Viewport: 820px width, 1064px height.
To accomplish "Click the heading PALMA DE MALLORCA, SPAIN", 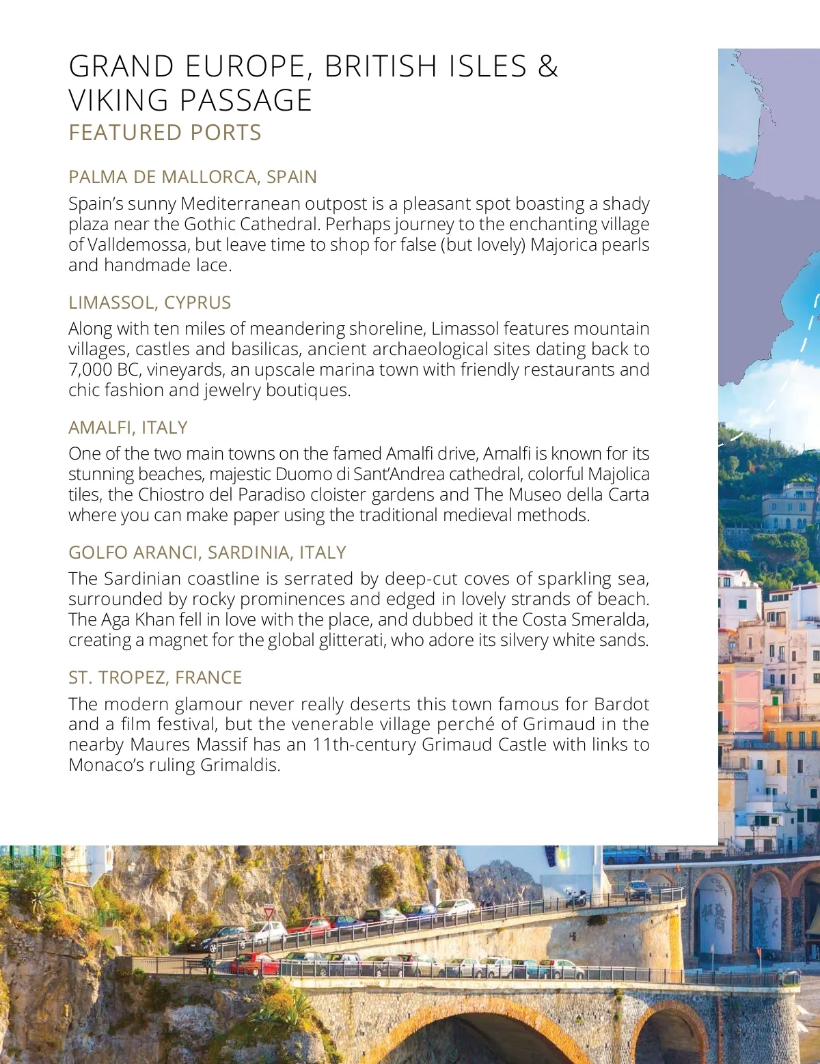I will (x=192, y=177).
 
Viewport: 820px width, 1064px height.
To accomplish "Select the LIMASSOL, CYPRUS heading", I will (x=150, y=302).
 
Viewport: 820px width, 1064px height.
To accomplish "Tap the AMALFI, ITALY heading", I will (x=128, y=427).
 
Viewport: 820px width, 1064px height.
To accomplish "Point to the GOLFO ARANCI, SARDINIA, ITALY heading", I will (x=207, y=552).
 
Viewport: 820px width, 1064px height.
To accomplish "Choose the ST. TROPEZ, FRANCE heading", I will (x=155, y=677).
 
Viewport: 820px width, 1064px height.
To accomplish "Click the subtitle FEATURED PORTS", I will (x=165, y=132).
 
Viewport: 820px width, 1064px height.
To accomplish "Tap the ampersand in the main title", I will (x=548, y=66).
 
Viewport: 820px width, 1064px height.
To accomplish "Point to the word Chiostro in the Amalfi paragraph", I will (x=171, y=494).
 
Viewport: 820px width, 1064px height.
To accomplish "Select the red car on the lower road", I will (x=254, y=964).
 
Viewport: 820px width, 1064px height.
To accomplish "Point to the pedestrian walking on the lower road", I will (x=206, y=964).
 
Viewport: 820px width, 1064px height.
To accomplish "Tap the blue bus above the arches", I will (x=625, y=855).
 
